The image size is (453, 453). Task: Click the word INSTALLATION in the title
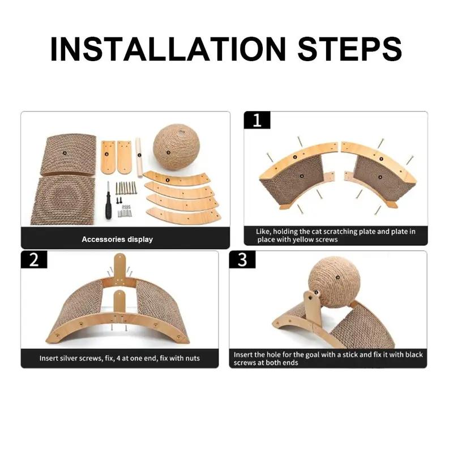[168, 49]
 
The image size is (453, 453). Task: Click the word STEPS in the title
[350, 49]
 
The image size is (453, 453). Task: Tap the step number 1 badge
[257, 120]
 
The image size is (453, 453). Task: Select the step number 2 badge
[34, 259]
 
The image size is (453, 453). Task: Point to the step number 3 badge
[242, 259]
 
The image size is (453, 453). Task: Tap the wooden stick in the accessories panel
[139, 158]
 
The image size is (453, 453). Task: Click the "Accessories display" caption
[117, 240]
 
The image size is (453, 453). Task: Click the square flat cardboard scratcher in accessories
[63, 201]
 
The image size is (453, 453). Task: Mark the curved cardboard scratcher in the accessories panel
[68, 155]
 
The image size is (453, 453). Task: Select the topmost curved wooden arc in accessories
[177, 179]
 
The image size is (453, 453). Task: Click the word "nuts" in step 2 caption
[192, 358]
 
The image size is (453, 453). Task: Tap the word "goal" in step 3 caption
[311, 355]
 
